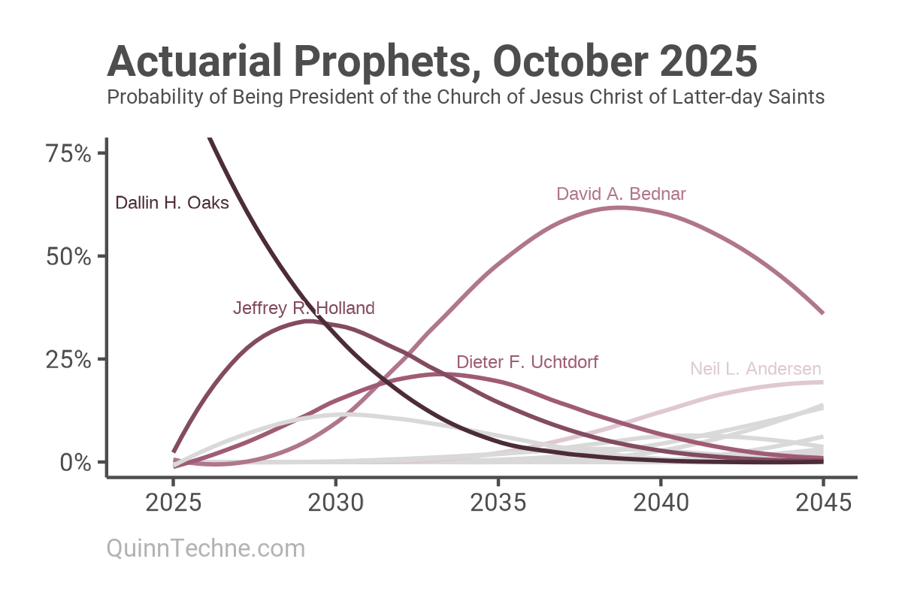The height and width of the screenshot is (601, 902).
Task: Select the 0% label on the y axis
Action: (x=75, y=462)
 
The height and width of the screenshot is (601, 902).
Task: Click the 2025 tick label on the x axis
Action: (x=174, y=503)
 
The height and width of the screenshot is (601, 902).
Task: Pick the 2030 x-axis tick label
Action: (x=335, y=503)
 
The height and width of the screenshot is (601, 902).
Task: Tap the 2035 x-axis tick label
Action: (x=498, y=503)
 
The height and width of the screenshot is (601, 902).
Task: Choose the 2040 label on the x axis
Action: (x=661, y=503)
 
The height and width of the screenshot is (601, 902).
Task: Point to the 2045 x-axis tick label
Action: (x=823, y=503)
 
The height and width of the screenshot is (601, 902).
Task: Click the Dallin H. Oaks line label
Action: (x=172, y=203)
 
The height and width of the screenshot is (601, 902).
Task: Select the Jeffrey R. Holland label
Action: (x=304, y=308)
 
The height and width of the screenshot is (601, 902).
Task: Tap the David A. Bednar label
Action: (x=621, y=194)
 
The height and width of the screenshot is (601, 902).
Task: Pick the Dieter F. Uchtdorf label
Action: (x=528, y=362)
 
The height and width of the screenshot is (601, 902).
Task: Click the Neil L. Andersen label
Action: (x=755, y=369)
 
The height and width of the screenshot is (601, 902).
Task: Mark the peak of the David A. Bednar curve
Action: (x=619, y=207)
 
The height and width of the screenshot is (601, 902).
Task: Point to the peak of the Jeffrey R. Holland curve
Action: (x=309, y=322)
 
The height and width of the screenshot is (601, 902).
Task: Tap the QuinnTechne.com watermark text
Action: (x=206, y=548)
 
